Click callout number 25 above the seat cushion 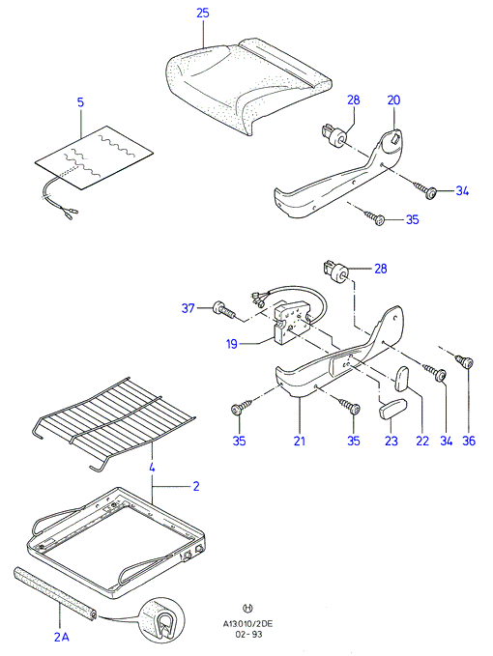click(203, 13)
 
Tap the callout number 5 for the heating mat click(81, 102)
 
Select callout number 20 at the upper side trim click(393, 100)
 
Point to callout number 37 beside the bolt click(188, 308)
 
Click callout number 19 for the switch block click(231, 344)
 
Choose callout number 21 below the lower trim click(300, 441)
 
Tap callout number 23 click(391, 441)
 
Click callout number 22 click(422, 441)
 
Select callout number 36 click(469, 441)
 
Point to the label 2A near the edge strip click(62, 637)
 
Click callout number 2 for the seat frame click(196, 486)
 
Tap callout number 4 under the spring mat click(152, 468)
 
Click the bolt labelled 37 click(224, 310)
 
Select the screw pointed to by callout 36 click(465, 360)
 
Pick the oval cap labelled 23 click(393, 408)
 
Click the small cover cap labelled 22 click(402, 378)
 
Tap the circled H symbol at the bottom click(247, 608)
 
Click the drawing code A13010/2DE click(247, 624)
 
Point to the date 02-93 click(248, 634)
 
